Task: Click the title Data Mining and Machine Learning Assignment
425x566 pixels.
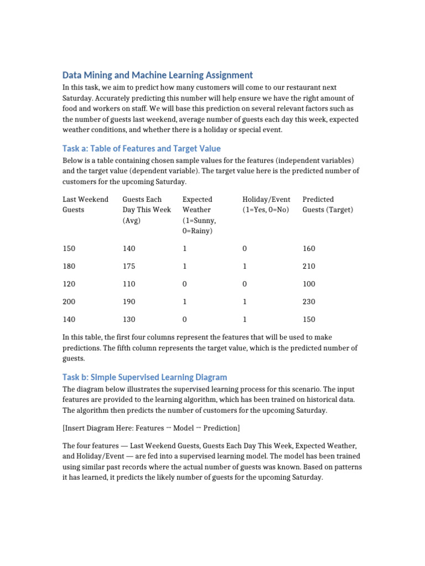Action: (x=158, y=75)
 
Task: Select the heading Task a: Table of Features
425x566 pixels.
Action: (x=141, y=148)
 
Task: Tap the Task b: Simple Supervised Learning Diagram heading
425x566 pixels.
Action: (x=144, y=377)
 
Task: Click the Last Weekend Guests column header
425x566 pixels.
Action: (x=85, y=205)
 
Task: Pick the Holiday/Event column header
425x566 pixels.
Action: (x=266, y=205)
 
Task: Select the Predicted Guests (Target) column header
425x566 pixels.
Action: (x=328, y=205)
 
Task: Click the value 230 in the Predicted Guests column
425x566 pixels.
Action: (x=309, y=302)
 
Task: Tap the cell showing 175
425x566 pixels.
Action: (x=129, y=266)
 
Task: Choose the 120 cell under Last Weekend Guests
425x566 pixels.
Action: (x=69, y=284)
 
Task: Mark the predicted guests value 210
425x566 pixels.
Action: (x=309, y=266)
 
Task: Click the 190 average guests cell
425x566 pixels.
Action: (x=129, y=302)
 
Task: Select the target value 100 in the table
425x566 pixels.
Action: (x=309, y=284)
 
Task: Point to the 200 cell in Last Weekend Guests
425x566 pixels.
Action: (x=69, y=302)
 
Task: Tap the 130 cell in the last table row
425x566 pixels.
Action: (x=129, y=319)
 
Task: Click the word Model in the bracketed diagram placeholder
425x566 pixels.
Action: (x=192, y=428)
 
